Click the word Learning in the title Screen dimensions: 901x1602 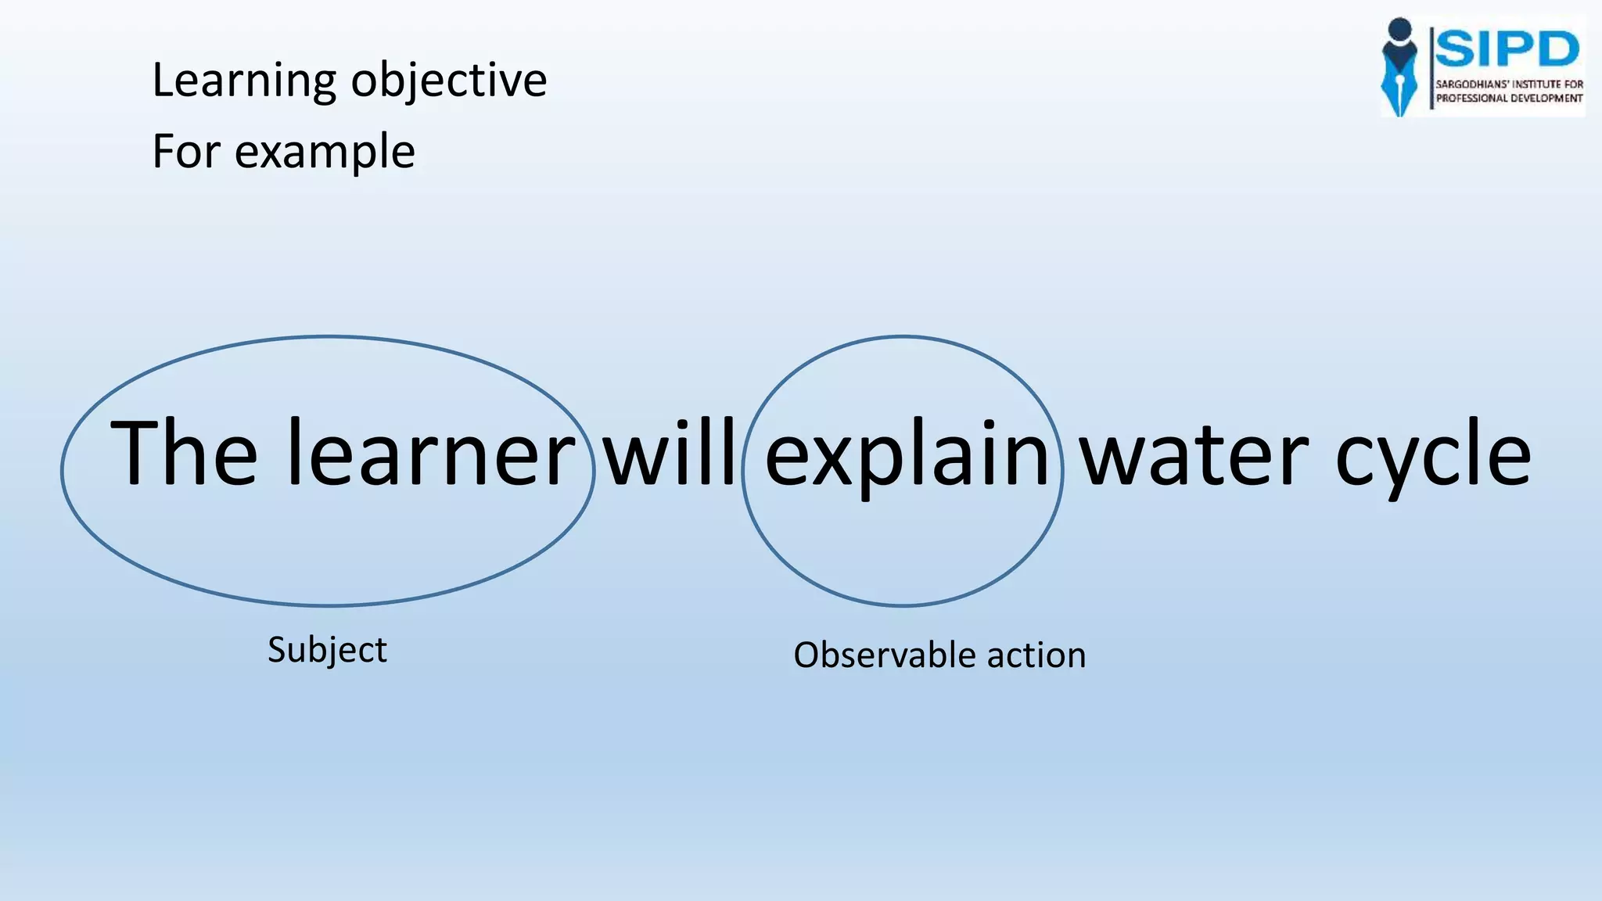pos(244,81)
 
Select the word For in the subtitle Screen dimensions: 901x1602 pos(185,152)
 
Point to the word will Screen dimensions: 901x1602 pos(670,454)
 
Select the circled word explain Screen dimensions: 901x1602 pos(907,458)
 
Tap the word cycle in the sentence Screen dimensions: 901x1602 pos(1433,458)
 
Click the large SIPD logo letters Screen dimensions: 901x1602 pos(1507,50)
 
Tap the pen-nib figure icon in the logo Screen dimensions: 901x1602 pos(1399,78)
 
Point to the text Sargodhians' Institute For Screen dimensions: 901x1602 pos(1509,84)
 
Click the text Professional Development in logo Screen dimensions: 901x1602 pos(1509,99)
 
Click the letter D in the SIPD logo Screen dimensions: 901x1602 pos(1554,50)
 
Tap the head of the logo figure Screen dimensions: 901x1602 pos(1399,29)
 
